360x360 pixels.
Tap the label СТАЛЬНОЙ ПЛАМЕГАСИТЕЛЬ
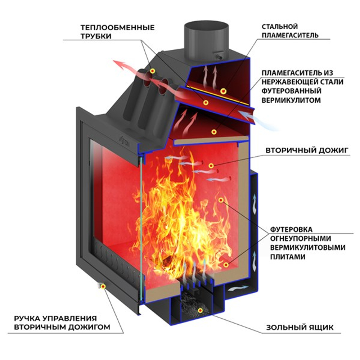290,31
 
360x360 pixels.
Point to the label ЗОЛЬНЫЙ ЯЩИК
300,328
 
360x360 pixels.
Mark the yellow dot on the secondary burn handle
103,286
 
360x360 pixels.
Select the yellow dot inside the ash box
201,310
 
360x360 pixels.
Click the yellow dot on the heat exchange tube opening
153,70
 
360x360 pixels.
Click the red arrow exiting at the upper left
124,66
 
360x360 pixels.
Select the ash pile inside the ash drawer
191,301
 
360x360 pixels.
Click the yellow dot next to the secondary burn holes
211,165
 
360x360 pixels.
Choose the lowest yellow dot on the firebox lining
226,265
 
